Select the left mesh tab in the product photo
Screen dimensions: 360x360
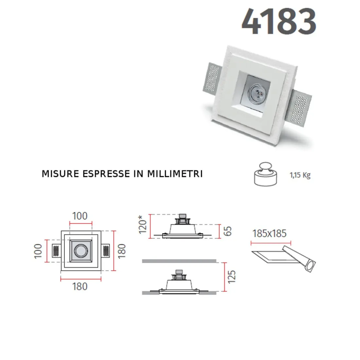[x=212, y=78]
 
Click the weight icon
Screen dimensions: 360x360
[x=265, y=174]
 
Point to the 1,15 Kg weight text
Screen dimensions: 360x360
[x=300, y=175]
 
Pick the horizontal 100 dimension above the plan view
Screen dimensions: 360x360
[x=80, y=216]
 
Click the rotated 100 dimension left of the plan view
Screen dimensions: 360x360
[x=38, y=251]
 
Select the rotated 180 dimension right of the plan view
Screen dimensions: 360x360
[x=122, y=251]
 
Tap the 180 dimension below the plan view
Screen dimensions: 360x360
[x=80, y=287]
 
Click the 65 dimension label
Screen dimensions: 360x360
[x=228, y=231]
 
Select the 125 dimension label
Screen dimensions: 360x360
[x=231, y=277]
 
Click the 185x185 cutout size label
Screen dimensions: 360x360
[x=269, y=234]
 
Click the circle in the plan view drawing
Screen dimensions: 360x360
[x=80, y=251]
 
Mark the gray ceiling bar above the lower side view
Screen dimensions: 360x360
[x=179, y=261]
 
